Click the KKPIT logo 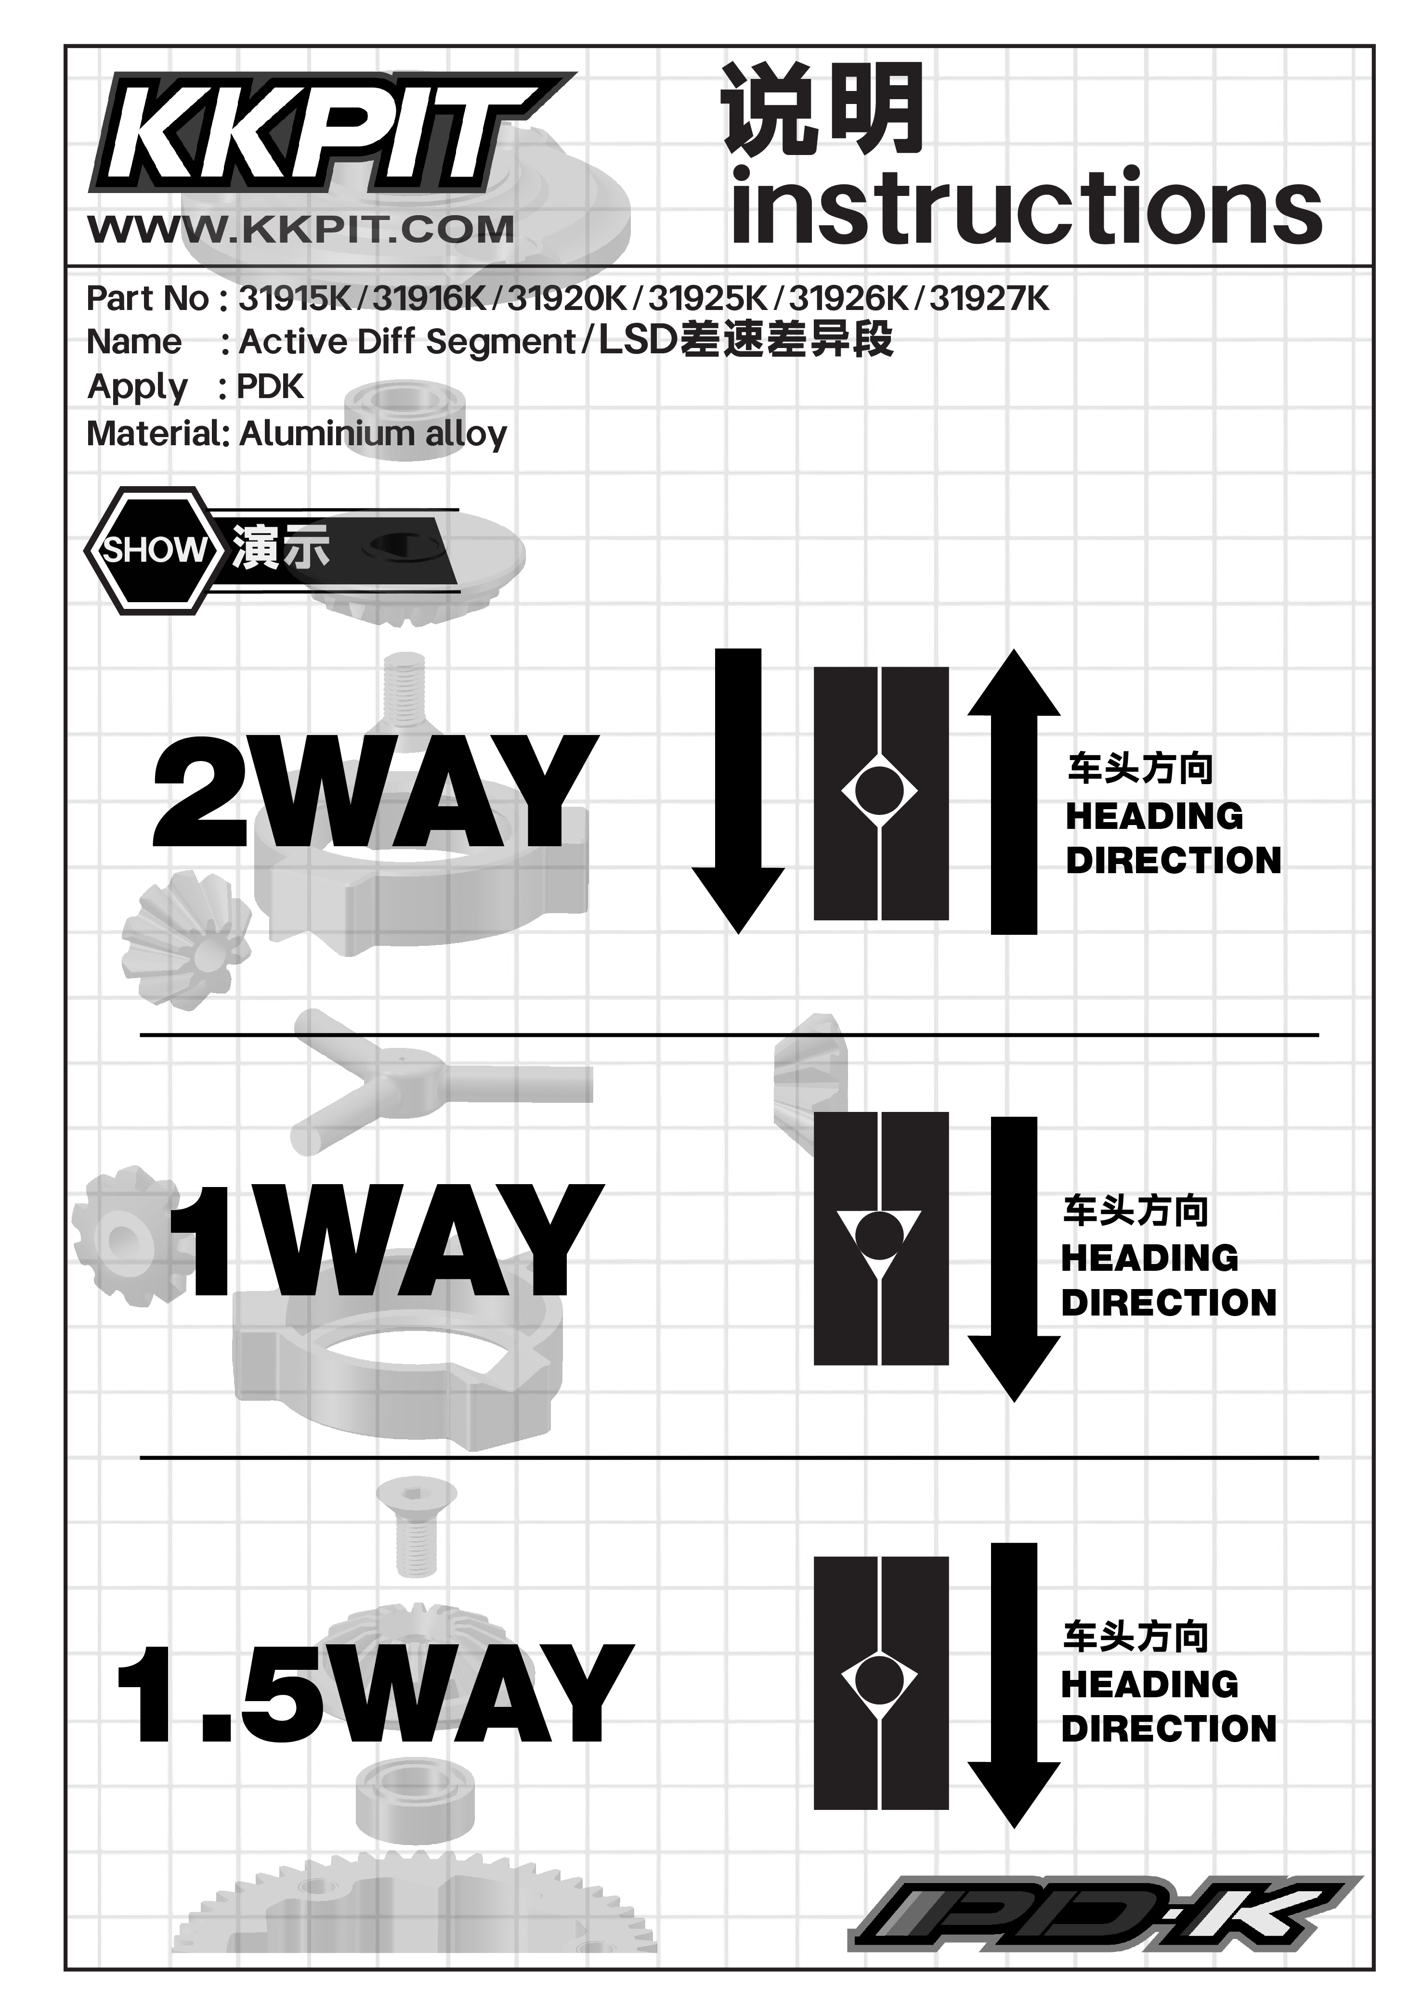point(328,133)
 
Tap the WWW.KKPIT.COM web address point(301,229)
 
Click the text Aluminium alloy point(373,433)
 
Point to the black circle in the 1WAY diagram point(879,1234)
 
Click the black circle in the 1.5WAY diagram point(879,1680)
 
